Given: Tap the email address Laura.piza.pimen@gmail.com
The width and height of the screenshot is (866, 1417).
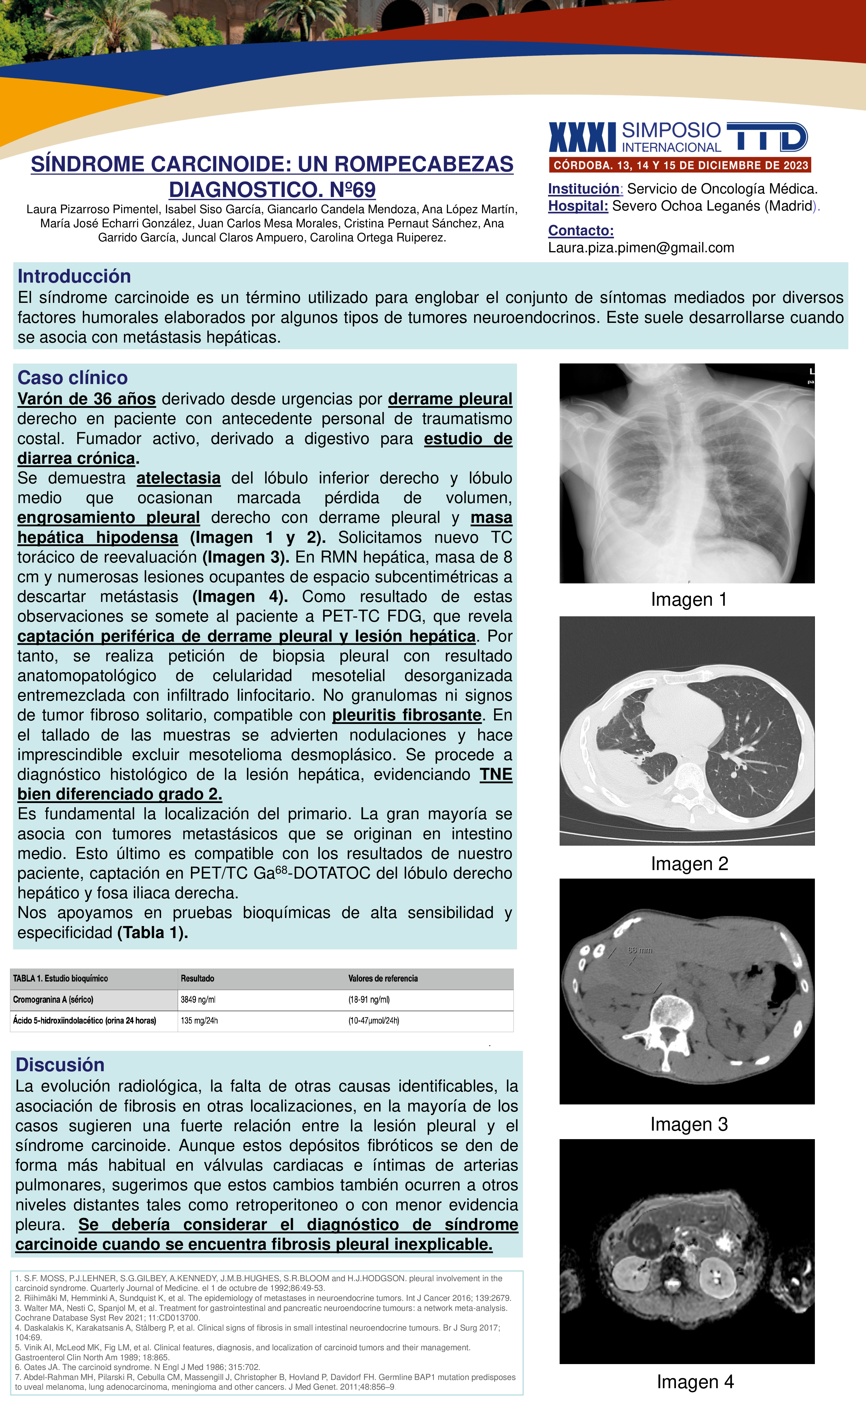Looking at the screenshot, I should click(641, 248).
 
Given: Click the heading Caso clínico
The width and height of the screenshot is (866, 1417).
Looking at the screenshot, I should click(72, 378).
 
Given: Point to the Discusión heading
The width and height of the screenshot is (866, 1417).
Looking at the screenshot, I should click(60, 1064).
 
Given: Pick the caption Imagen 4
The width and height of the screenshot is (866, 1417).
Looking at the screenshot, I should click(695, 1382).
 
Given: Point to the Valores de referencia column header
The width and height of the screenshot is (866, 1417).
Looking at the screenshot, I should click(383, 978).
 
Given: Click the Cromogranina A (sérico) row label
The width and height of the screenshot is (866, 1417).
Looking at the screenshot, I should click(53, 999).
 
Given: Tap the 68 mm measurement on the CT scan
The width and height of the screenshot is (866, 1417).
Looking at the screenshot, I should click(640, 950).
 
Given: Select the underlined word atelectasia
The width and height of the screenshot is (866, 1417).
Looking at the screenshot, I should click(178, 478).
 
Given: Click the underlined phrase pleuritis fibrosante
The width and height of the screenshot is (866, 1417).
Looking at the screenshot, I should click(406, 715).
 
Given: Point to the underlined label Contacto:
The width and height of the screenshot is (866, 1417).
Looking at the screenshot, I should click(580, 231).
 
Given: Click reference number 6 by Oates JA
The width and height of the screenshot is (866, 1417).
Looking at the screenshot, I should click(137, 1367).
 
